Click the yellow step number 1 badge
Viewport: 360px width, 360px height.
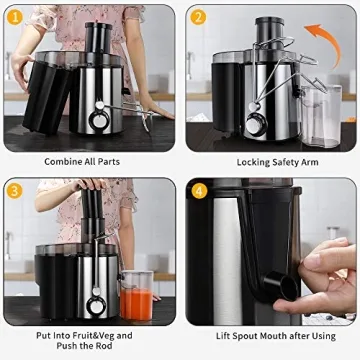16,17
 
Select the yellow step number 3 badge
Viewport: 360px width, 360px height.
16,190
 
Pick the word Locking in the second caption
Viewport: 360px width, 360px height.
254,161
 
